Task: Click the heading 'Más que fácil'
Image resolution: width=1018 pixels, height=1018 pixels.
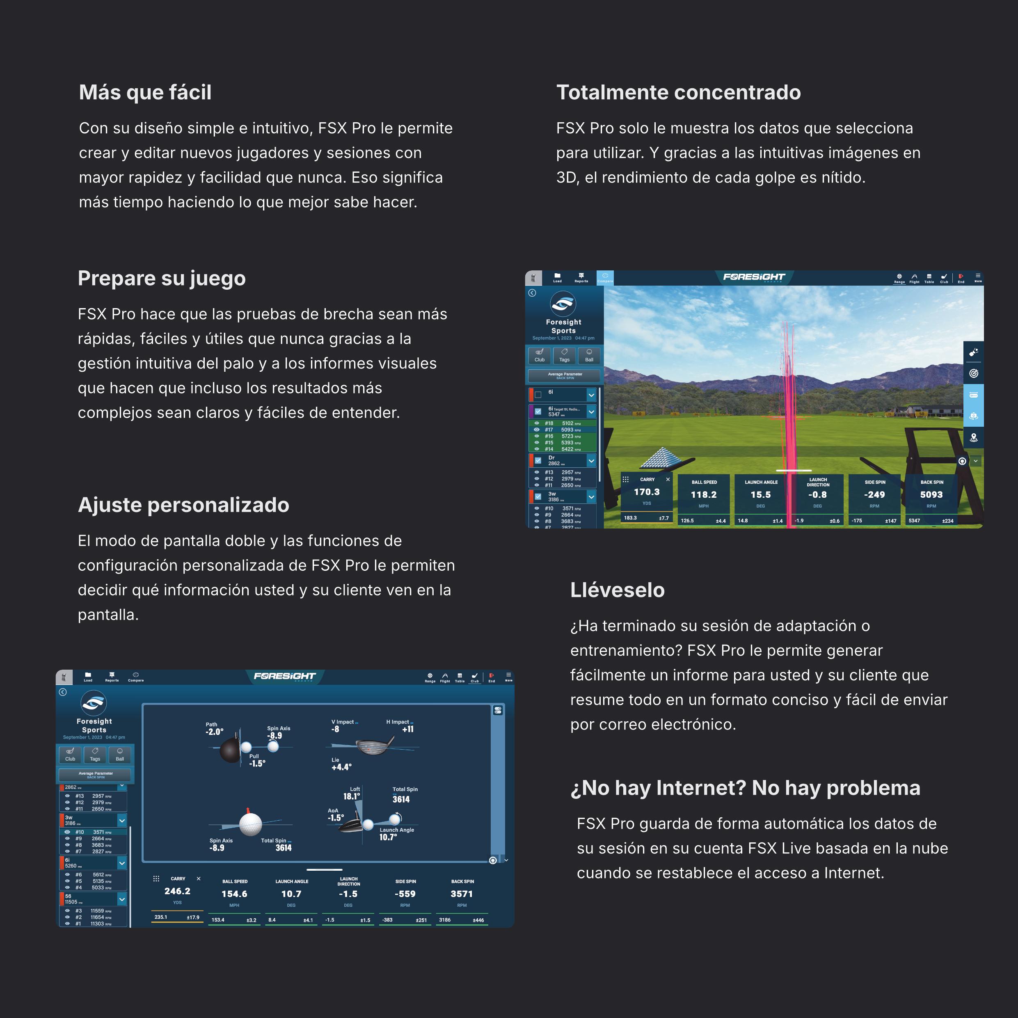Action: coord(145,93)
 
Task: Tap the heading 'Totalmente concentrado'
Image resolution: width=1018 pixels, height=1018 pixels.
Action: coord(678,93)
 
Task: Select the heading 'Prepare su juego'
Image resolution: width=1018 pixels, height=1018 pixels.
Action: coord(161,278)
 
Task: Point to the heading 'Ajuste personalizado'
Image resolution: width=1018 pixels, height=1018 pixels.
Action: coord(183,505)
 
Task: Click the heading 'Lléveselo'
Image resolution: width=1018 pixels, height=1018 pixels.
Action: coord(617,590)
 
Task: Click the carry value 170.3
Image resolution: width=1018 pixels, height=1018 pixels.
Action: coord(647,492)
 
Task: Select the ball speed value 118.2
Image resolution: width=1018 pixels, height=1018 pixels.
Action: coord(703,495)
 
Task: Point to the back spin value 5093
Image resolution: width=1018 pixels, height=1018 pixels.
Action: coord(931,495)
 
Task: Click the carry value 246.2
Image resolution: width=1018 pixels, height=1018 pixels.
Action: coord(177,891)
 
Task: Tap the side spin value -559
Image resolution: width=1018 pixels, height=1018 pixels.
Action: coord(405,894)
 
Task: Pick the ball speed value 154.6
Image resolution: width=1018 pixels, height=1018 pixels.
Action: coord(234,894)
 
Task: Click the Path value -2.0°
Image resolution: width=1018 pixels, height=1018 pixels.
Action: coord(215,732)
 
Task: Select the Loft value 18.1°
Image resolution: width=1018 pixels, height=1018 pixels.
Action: coord(352,796)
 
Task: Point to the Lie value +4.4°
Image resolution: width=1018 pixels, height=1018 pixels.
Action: coord(341,767)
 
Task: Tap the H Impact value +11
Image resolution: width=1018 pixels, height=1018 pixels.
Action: coord(407,729)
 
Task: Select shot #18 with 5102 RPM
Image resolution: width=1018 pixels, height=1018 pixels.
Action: coord(563,423)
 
